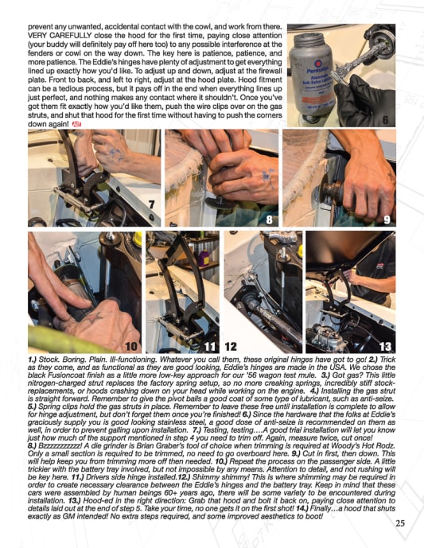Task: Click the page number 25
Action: [x=400, y=523]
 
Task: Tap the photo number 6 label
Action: [x=385, y=120]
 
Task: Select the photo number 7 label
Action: [x=151, y=204]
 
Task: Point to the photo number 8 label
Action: [x=269, y=220]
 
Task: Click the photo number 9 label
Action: [x=387, y=220]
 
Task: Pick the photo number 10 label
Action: [x=131, y=346]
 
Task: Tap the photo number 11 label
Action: [x=210, y=346]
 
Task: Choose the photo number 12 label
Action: [x=231, y=346]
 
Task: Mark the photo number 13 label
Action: [x=385, y=346]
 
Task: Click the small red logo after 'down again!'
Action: [x=76, y=124]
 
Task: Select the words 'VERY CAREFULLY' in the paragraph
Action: [x=60, y=36]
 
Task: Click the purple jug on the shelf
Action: [x=204, y=258]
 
